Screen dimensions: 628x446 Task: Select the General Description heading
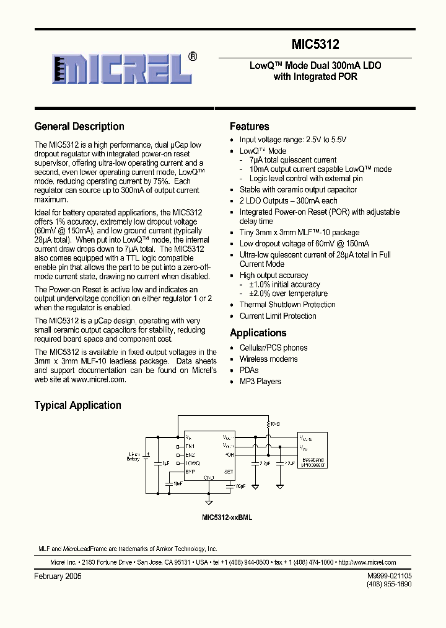[79, 127]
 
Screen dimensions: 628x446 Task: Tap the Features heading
[250, 127]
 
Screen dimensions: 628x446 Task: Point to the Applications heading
[258, 333]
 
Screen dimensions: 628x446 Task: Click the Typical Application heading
[77, 405]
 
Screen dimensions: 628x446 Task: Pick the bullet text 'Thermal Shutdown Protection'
[287, 305]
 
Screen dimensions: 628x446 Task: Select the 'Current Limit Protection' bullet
[278, 316]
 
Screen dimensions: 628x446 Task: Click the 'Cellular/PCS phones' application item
[273, 348]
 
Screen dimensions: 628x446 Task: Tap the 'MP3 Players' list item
[260, 382]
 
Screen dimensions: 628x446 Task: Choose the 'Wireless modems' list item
[268, 359]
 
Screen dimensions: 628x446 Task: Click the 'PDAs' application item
[249, 370]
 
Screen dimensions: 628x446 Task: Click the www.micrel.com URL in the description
[98, 379]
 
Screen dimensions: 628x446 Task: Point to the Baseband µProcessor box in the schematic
[313, 449]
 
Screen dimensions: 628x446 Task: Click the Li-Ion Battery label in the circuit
[133, 456]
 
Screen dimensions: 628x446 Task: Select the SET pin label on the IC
[228, 472]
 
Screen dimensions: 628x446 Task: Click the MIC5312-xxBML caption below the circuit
[227, 517]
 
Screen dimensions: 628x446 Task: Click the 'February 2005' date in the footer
[58, 576]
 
